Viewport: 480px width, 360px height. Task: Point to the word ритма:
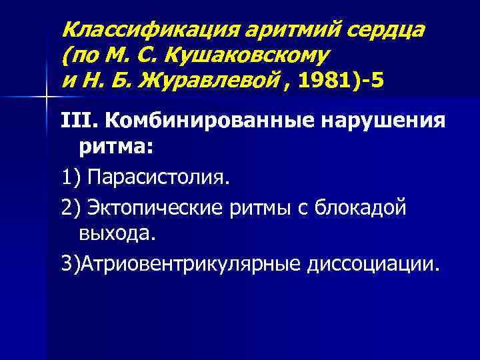click(116, 148)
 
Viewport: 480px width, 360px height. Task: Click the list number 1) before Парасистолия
click(70, 179)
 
